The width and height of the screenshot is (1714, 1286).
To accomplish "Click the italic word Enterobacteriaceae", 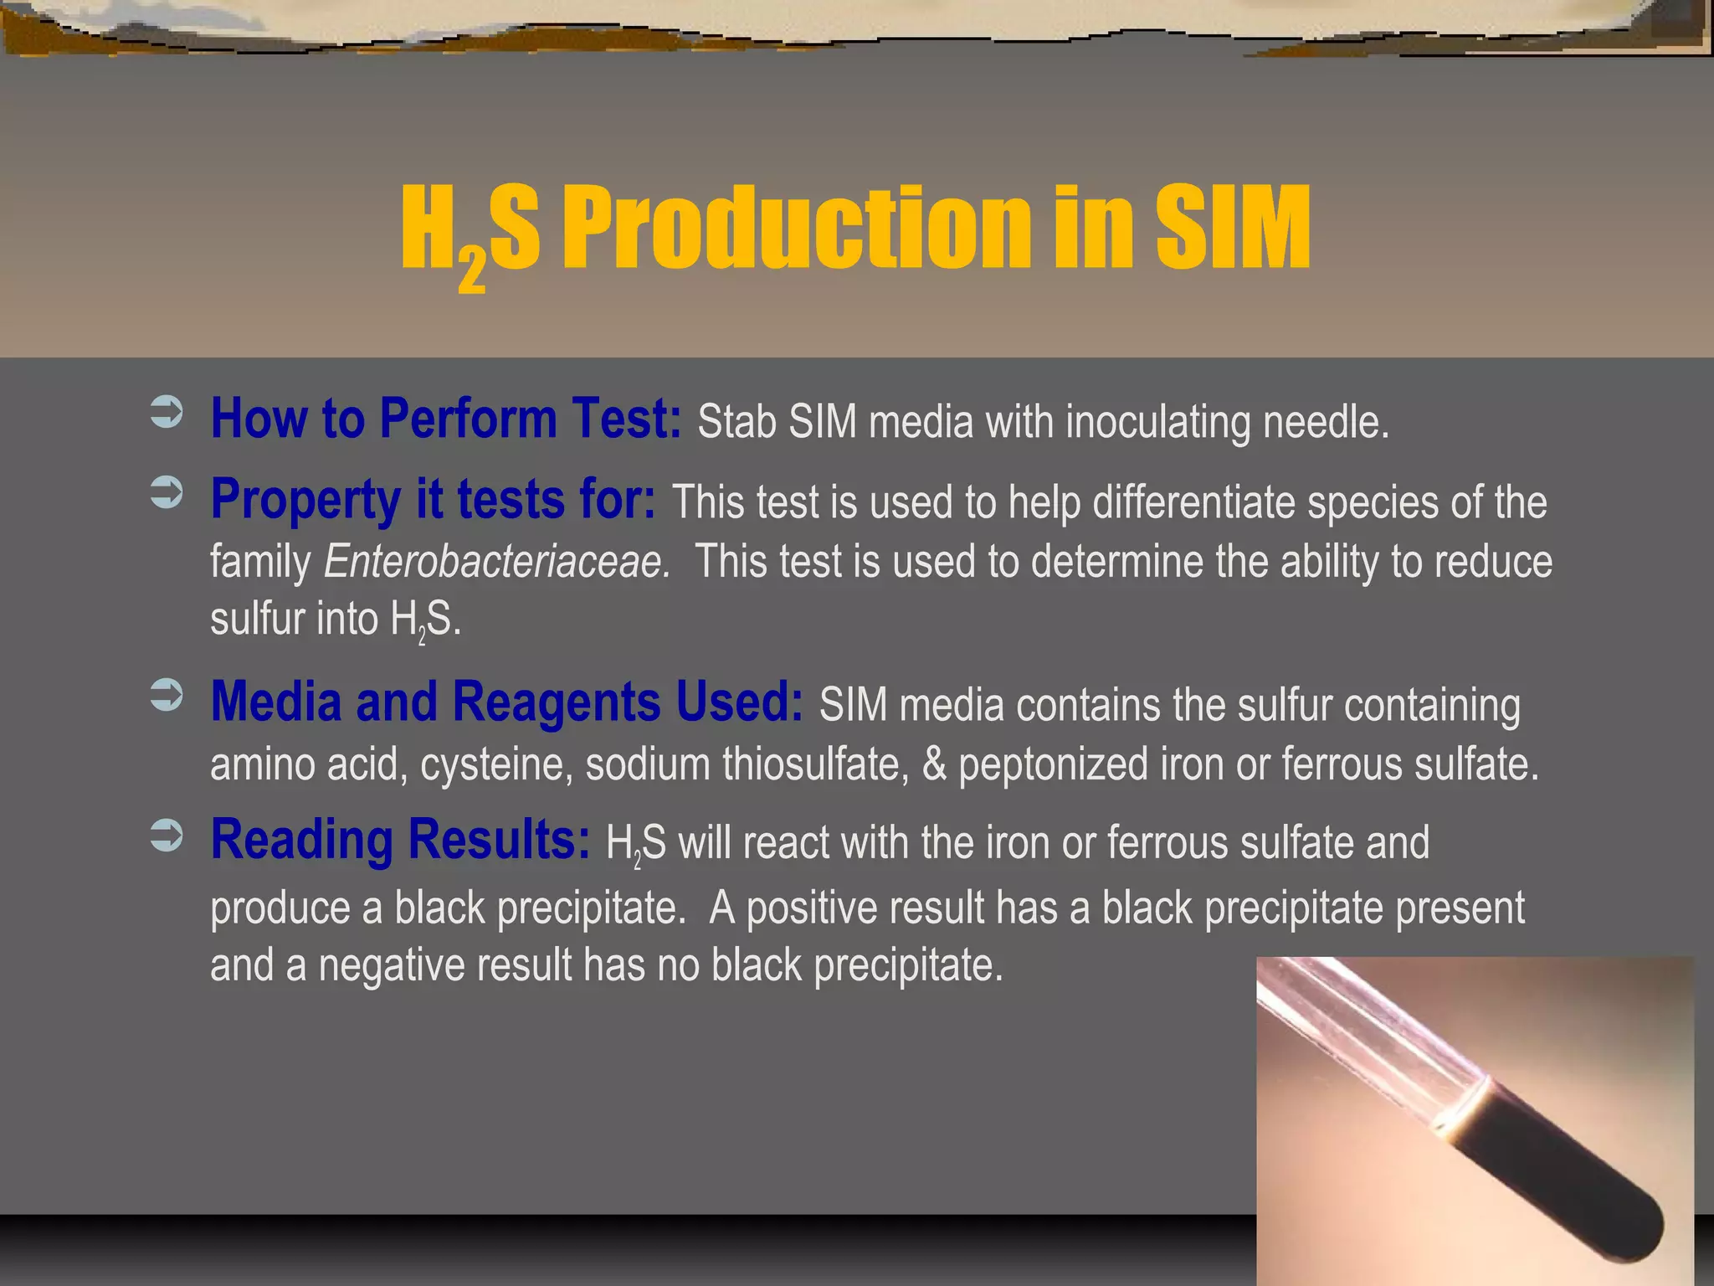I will [496, 561].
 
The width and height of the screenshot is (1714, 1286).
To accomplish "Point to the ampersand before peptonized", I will [934, 764].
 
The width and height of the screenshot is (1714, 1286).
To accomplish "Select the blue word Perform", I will [468, 418].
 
